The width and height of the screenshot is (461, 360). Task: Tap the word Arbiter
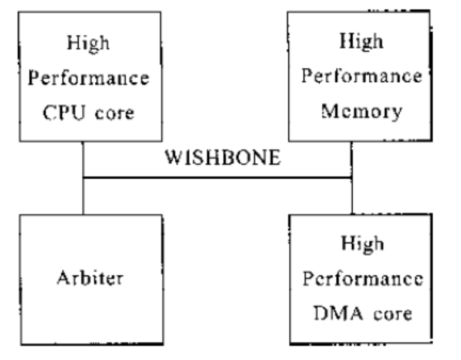coord(90,278)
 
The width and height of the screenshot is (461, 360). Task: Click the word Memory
coord(362,110)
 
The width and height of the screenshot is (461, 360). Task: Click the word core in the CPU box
coord(115,112)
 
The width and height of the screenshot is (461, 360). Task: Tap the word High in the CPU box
coord(88,43)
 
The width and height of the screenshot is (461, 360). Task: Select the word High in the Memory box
coord(361,41)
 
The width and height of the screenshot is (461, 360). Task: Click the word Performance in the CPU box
coord(88,78)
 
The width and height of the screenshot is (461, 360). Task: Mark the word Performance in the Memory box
coord(362,76)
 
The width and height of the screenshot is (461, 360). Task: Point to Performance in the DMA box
coord(362,278)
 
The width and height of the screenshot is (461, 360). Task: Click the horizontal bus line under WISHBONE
coord(218,177)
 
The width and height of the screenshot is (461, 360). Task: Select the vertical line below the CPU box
coord(83,158)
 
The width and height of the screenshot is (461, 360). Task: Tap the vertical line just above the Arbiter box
coord(83,196)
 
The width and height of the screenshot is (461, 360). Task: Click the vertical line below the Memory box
coord(352,158)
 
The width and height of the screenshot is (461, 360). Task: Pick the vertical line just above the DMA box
coord(352,196)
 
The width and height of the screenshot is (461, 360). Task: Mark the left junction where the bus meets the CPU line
coord(83,177)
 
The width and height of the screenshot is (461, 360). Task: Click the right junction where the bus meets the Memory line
coord(352,177)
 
